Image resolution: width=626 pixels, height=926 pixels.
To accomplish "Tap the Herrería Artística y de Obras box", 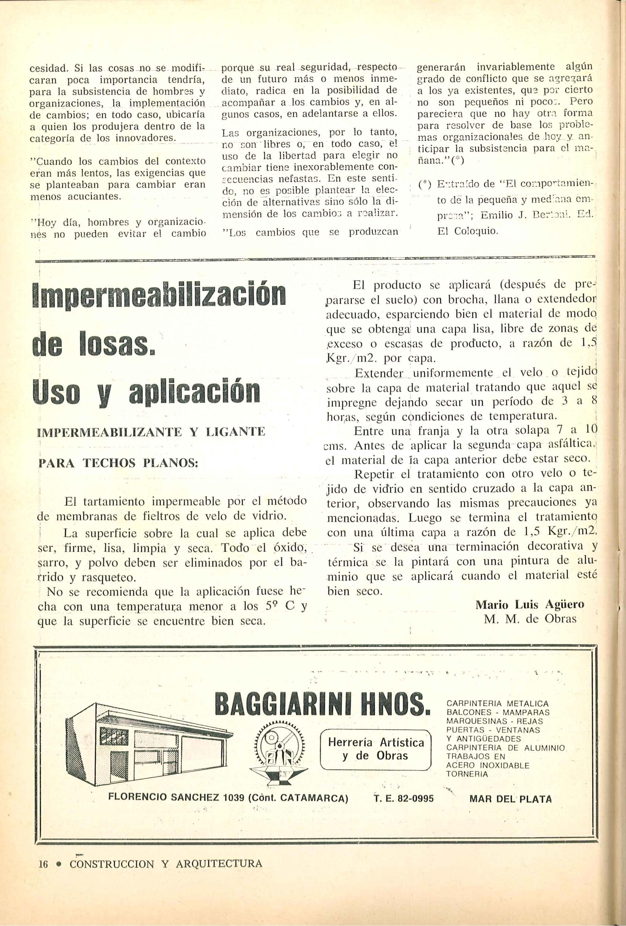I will click(376, 749).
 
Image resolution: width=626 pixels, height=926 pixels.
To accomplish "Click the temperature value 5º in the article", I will click(269, 607).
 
